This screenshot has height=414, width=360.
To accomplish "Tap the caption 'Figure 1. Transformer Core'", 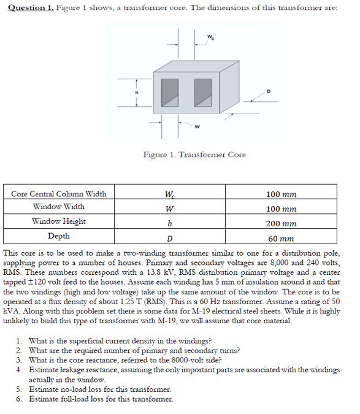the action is (x=194, y=155).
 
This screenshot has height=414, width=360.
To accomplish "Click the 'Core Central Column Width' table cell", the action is (x=59, y=194).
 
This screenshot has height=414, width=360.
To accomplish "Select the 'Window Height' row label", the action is (x=59, y=221).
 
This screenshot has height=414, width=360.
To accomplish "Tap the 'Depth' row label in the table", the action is (x=59, y=236).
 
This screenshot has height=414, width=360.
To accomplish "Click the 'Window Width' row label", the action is (x=59, y=207).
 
